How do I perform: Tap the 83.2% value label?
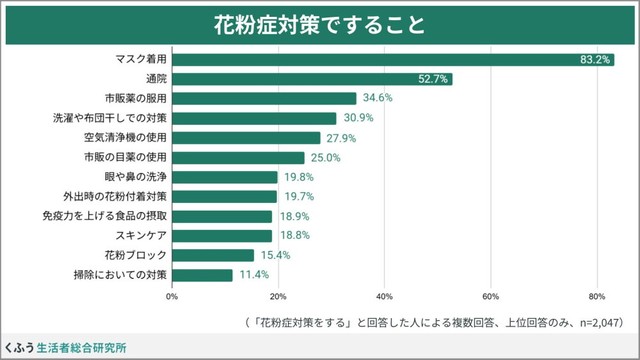[x=595, y=59]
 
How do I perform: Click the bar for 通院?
[x=311, y=78]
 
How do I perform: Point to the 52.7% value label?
[x=433, y=78]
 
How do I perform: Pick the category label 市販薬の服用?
[x=135, y=98]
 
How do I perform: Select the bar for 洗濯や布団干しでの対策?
[x=254, y=118]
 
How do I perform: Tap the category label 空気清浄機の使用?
[x=125, y=137]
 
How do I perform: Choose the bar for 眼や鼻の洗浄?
[x=224, y=177]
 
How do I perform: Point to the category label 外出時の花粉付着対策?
[x=115, y=196]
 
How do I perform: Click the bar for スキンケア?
[x=221, y=235]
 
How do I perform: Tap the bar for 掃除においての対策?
[x=202, y=274]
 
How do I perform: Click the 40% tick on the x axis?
[x=384, y=296]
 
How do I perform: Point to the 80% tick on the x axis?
[x=596, y=296]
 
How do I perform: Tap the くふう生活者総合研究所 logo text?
[x=65, y=348]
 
